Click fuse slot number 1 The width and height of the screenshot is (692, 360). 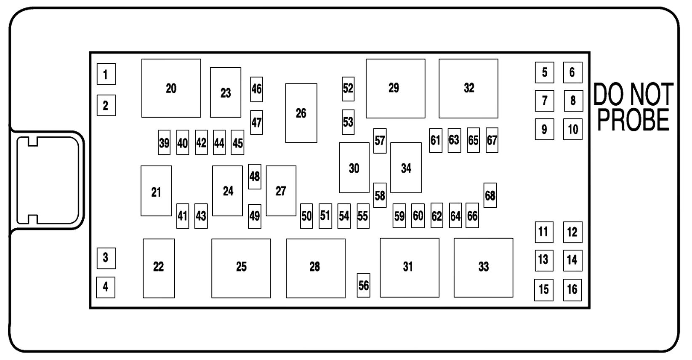coord(106,74)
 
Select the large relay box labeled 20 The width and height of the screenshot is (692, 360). coord(171,88)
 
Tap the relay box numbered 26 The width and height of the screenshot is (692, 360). coord(301,113)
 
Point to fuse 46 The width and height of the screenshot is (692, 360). coord(256,89)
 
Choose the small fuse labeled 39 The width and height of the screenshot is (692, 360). coord(164,143)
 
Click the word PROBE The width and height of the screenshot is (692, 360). coord(633,120)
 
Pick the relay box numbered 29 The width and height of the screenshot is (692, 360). coord(395,88)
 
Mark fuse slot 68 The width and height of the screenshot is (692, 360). coord(490,195)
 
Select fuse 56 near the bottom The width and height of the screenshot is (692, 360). coord(363,285)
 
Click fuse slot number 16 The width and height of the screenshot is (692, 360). coord(572,290)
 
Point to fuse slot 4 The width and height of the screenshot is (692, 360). coord(105,287)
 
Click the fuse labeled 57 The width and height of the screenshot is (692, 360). coord(380,141)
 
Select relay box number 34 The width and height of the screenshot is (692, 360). coord(406,168)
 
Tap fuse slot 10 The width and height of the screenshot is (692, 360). coord(572,129)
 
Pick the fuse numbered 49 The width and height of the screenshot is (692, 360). coord(254,216)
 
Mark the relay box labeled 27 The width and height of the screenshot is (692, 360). coord(281,191)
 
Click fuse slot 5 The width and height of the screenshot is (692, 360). coord(544,72)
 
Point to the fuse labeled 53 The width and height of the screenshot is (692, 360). coord(348,122)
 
